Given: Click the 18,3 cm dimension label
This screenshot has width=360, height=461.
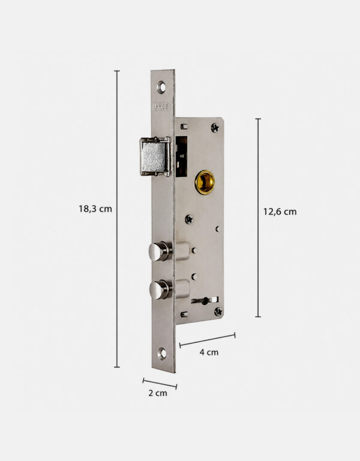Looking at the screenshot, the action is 95,209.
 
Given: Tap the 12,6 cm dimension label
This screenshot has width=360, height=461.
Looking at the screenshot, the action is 280,212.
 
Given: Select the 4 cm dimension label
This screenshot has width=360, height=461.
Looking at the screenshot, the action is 209,352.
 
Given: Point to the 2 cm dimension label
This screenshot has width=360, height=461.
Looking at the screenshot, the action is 157,393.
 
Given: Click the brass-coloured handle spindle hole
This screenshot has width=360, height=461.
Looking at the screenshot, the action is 205,182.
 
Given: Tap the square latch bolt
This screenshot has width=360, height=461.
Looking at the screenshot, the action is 155,156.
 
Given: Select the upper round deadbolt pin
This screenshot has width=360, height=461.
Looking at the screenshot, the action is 160,252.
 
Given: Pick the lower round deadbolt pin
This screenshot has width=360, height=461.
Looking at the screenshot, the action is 160,290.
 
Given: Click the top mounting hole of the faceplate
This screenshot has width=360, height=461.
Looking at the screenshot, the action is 161,88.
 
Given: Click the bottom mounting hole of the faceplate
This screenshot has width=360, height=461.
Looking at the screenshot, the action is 162,354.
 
